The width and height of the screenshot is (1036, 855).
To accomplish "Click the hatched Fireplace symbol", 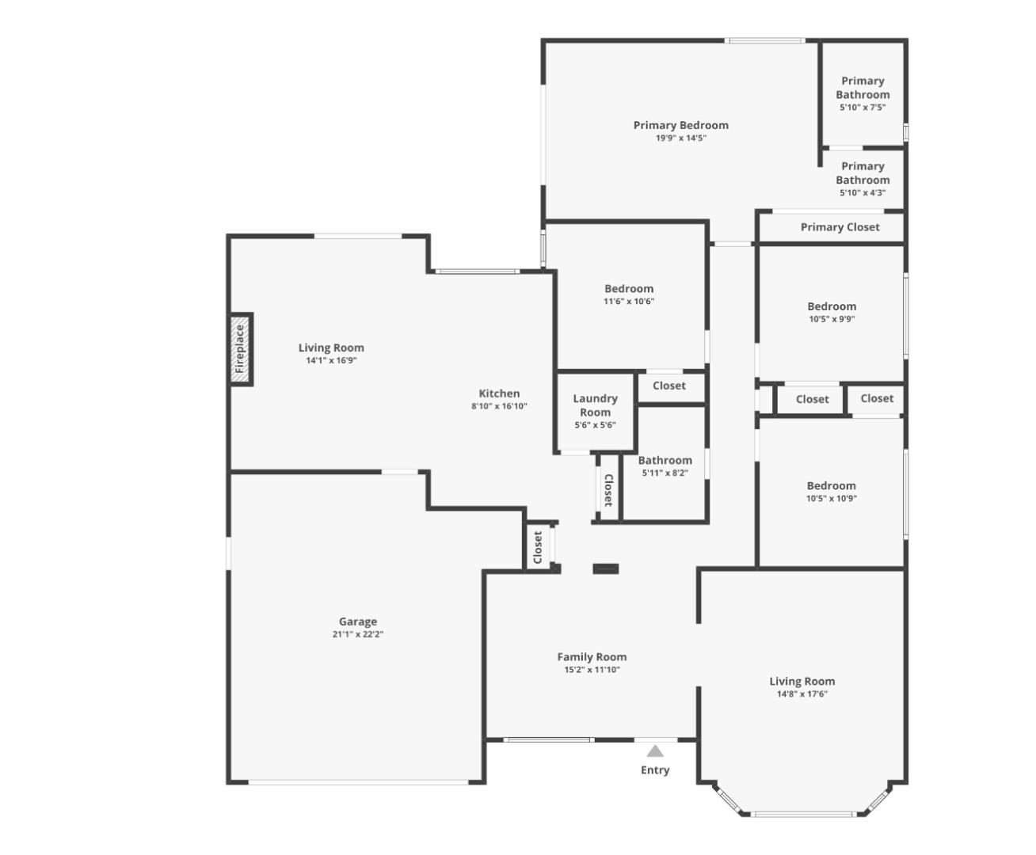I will coord(241,349).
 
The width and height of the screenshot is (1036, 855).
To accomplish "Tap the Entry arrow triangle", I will coord(655,751).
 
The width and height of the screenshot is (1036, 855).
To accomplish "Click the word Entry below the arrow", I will coord(655,770).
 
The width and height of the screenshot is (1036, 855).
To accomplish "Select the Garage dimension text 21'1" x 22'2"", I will coord(358,634).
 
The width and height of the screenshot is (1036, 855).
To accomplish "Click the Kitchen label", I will coord(499,393).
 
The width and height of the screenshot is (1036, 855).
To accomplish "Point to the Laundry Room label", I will coord(595,405).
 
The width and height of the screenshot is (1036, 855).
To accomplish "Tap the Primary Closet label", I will coord(840,227).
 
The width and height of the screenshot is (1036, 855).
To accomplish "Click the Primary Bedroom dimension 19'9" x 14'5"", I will coord(680,138).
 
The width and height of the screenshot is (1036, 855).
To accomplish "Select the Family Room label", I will coord(592,657).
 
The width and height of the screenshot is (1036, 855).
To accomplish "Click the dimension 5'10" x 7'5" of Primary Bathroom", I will coord(863,108).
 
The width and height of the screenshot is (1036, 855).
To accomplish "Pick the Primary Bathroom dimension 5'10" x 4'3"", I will coord(863,193).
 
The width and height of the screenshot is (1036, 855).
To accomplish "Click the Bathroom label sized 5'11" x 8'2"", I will coord(665,461).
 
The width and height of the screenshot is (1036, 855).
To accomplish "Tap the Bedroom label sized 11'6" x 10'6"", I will coord(629,289).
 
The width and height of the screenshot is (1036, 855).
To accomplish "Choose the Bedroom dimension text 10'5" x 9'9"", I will coord(832,320).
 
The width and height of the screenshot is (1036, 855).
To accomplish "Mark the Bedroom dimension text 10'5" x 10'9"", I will coord(832,499).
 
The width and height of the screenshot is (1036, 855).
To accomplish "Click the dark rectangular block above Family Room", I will coord(606,568).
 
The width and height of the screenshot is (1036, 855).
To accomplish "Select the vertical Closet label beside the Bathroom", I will coord(608,490).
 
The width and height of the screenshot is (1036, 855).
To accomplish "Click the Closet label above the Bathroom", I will coord(669,386).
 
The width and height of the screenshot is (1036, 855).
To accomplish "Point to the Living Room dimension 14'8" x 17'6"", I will coord(802,694).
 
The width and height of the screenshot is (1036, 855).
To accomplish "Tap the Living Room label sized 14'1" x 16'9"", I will coord(331,348).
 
